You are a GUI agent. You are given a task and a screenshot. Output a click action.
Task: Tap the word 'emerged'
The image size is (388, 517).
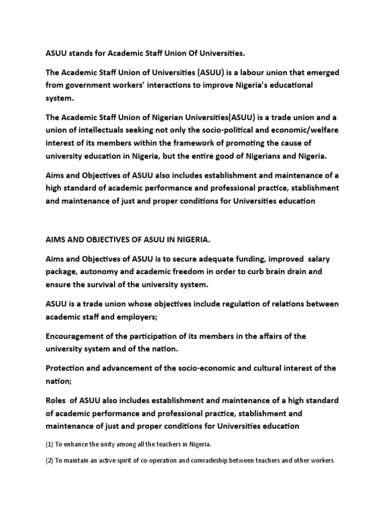[320, 72]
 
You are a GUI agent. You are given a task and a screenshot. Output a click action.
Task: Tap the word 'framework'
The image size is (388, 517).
[185, 143]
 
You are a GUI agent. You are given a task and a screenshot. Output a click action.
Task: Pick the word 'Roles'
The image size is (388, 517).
[57, 400]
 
